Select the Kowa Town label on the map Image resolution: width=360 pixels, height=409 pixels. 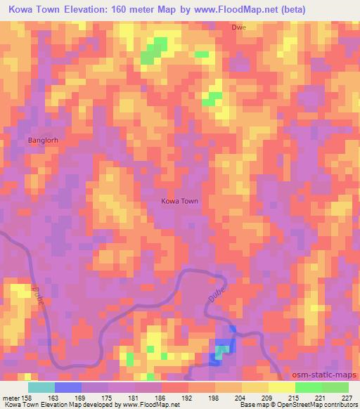pyautogui.click(x=180, y=201)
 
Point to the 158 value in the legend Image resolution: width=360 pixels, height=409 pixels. pyautogui.click(x=25, y=397)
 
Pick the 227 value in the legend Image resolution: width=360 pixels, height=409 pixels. pyautogui.click(x=347, y=397)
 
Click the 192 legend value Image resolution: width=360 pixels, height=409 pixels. pyautogui.click(x=187, y=397)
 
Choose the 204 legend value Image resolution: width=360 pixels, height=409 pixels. pyautogui.click(x=240, y=397)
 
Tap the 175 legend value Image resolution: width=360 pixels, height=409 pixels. pyautogui.click(x=107, y=397)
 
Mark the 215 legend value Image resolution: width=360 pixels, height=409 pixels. pyautogui.click(x=294, y=397)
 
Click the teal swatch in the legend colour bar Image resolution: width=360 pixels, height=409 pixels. pyautogui.click(x=41, y=387)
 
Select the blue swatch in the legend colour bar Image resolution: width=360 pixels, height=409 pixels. pyautogui.click(x=68, y=387)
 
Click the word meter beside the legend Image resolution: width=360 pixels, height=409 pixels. pyautogui.click(x=10, y=397)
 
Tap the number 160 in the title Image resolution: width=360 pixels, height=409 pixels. pyautogui.click(x=132, y=10)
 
